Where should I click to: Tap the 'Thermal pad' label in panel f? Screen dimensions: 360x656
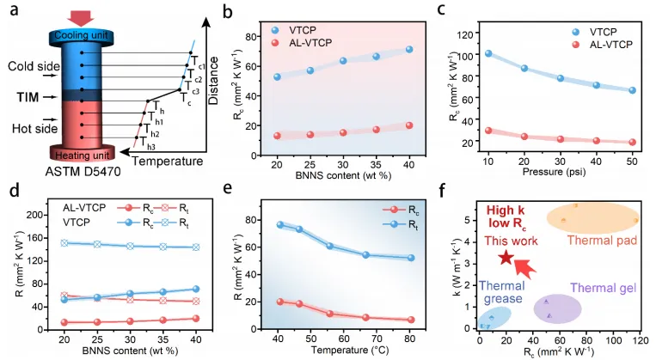(x=602, y=240)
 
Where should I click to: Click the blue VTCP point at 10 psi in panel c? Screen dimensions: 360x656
(x=487, y=53)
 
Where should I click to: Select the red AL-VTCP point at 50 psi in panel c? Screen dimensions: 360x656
(x=633, y=142)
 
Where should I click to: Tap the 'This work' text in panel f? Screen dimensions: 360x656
(x=518, y=241)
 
